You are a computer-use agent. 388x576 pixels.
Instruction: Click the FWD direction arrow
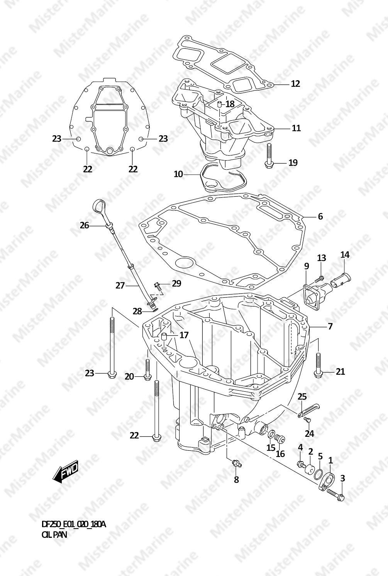tap(65, 471)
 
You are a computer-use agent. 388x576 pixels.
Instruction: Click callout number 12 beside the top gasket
tap(295, 84)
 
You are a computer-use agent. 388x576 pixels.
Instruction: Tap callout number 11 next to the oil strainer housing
tap(296, 128)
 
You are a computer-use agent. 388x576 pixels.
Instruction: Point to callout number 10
tap(178, 174)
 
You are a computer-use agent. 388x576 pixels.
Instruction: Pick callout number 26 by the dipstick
tap(84, 226)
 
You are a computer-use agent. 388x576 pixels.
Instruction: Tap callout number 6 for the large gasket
tap(320, 217)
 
